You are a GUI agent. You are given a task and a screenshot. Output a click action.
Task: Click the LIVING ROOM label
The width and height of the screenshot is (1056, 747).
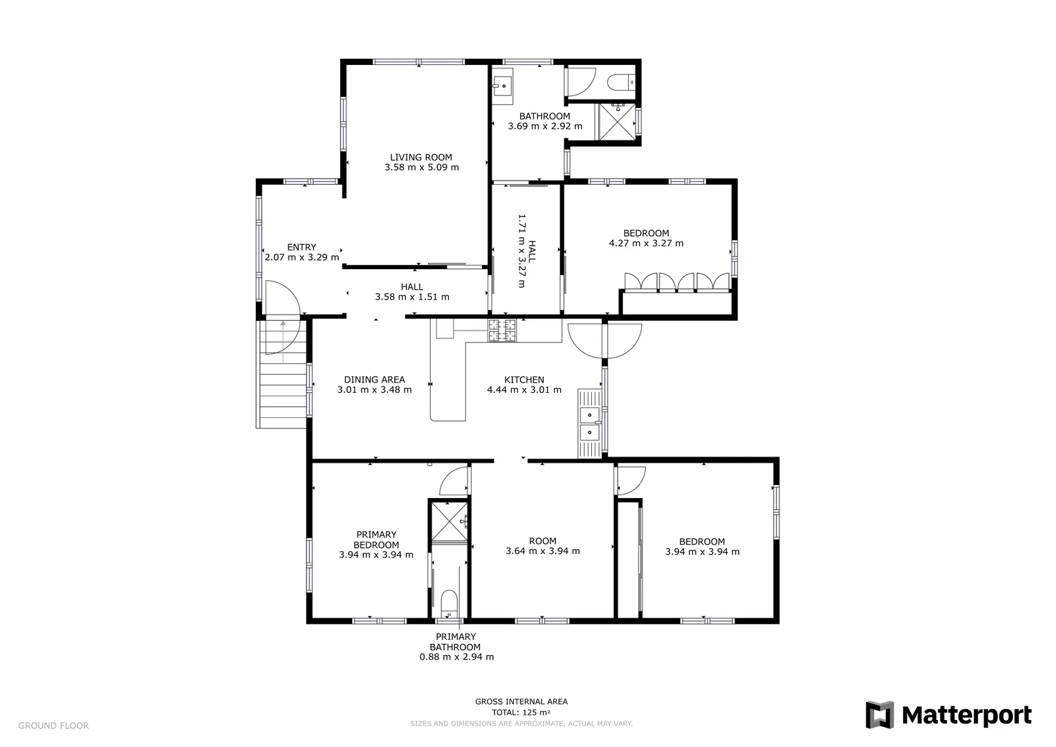tap(420, 157)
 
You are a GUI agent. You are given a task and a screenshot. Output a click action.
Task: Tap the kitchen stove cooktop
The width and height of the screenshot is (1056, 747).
tap(503, 331)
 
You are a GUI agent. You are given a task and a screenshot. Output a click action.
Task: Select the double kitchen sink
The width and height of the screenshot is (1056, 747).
tap(590, 423)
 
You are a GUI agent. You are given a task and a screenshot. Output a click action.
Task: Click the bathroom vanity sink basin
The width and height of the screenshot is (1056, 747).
tap(501, 87)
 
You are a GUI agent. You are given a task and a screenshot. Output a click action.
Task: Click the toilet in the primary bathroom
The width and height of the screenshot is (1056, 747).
tap(449, 604)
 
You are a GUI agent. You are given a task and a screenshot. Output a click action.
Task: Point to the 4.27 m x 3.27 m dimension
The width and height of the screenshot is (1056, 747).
tap(646, 243)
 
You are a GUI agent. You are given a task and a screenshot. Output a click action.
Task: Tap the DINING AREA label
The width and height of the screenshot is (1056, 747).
tap(374, 380)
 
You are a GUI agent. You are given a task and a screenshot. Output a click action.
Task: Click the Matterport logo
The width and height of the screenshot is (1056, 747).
tap(948, 714)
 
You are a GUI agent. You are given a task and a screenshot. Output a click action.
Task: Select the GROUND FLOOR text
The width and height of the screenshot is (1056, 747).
tap(53, 726)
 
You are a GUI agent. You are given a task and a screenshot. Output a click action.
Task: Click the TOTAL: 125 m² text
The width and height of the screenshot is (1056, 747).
tap(521, 712)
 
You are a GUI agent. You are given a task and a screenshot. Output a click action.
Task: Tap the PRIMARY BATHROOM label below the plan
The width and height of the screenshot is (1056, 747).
tap(456, 642)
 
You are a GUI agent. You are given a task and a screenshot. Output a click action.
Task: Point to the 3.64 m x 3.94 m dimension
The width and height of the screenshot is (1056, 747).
tap(542, 551)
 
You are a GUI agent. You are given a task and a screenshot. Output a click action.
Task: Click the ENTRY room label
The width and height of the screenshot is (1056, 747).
tap(302, 247)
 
